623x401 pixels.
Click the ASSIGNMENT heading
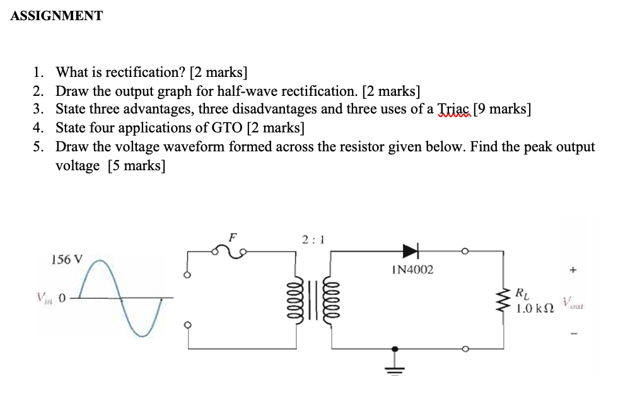pyautogui.click(x=56, y=16)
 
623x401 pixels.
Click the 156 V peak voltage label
pyautogui.click(x=66, y=259)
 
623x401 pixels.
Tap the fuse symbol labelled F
pyautogui.click(x=231, y=252)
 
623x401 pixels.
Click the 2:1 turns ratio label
pyautogui.click(x=312, y=240)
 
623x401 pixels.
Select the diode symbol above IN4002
pyautogui.click(x=410, y=252)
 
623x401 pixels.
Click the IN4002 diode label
pyautogui.click(x=412, y=270)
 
